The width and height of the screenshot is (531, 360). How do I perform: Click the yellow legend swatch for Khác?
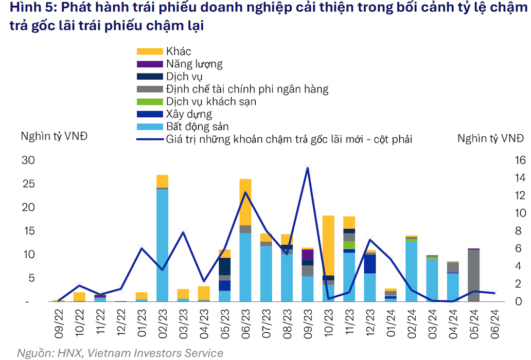click(150, 51)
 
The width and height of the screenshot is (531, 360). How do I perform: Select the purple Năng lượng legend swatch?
click(150, 64)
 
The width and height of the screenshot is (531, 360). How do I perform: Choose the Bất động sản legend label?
click(198, 127)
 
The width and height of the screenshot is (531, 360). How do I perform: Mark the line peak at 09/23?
click(308, 168)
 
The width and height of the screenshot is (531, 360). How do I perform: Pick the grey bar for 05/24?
click(474, 276)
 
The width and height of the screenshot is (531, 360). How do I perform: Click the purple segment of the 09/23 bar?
click(308, 255)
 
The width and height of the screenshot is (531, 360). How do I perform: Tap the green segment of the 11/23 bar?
click(349, 245)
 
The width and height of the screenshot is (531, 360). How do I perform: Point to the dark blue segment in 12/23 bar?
click(370, 264)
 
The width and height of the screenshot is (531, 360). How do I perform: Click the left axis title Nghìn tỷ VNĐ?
click(54, 137)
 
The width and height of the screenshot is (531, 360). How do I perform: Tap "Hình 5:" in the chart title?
click(29, 9)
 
